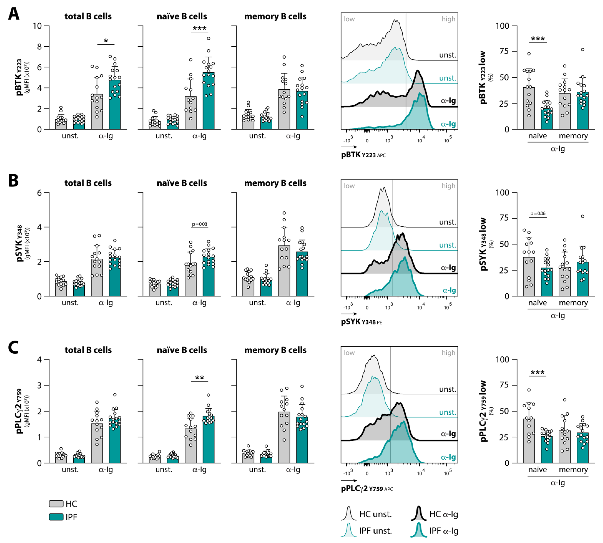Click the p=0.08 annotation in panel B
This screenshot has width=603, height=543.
point(199,224)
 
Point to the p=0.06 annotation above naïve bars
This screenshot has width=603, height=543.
point(538,214)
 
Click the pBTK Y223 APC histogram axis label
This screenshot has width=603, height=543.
point(363,155)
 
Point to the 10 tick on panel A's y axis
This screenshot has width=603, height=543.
point(37,26)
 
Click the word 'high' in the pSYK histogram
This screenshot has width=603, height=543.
point(448,186)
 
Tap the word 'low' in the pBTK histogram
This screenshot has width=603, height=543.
point(349,19)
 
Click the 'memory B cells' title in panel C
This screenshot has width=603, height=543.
point(275,350)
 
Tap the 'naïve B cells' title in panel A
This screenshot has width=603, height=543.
point(182,16)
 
